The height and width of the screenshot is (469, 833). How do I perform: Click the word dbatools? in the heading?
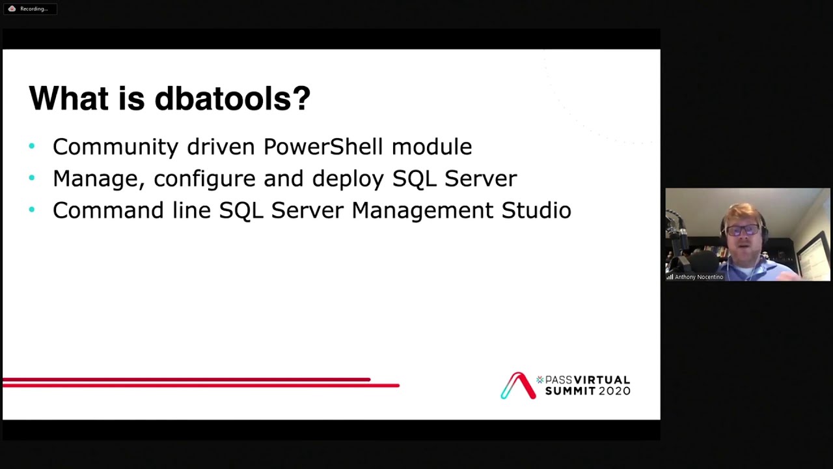pyautogui.click(x=232, y=99)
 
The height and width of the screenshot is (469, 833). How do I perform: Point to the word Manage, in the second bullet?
pyautogui.click(x=98, y=178)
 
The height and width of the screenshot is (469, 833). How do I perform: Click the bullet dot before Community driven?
pyautogui.click(x=32, y=147)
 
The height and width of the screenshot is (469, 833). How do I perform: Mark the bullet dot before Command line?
pyautogui.click(x=32, y=210)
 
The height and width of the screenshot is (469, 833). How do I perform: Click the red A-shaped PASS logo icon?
pyautogui.click(x=518, y=386)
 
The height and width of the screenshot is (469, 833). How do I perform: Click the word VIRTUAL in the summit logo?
pyautogui.click(x=602, y=380)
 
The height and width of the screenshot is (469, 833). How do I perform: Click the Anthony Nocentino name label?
pyautogui.click(x=698, y=277)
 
